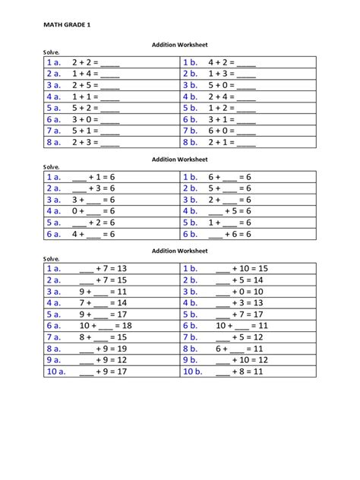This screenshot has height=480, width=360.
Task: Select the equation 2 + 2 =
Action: point(96,62)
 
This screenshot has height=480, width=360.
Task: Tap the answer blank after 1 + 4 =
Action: point(110,74)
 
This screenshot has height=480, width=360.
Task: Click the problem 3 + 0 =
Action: point(96,119)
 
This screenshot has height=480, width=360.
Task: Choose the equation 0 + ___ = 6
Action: point(93,211)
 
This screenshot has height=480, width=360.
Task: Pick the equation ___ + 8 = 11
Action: point(238,371)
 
